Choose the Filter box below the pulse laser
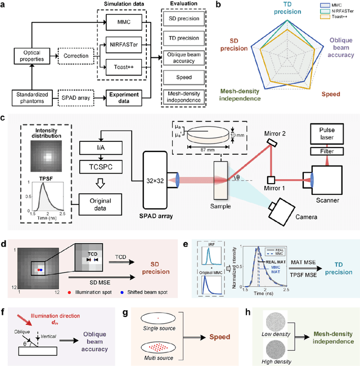pos(330,152)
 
